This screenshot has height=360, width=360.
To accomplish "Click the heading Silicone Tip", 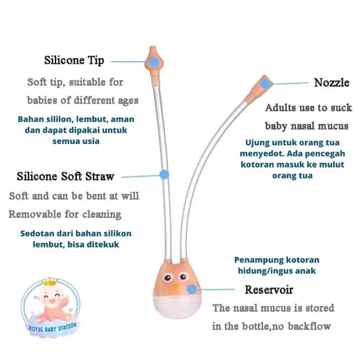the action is point(74,61).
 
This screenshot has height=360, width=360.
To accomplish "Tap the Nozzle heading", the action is point(332,83).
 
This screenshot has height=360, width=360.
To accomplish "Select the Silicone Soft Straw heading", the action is point(65,176).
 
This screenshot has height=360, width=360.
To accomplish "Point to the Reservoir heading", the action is point(269,290).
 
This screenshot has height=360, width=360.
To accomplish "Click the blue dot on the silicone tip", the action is point(154,62).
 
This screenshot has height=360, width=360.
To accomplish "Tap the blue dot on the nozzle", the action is point(265,83).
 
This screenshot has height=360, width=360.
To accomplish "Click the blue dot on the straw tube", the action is point(164,175).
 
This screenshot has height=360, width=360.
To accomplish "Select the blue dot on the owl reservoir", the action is point(192,289).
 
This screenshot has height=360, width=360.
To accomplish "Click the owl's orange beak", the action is point(176,289).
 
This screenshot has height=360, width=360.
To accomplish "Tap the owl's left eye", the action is point(167,278).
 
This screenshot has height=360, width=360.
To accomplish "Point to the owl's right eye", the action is point(183,277).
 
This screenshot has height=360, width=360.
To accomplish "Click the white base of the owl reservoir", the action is point(177,307).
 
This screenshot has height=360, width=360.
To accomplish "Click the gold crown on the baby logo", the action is point(49,282).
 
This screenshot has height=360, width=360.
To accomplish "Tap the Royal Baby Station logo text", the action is point(52,328).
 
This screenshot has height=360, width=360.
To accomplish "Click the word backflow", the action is point(309,326).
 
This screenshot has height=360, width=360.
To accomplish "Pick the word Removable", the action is point(35,214).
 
